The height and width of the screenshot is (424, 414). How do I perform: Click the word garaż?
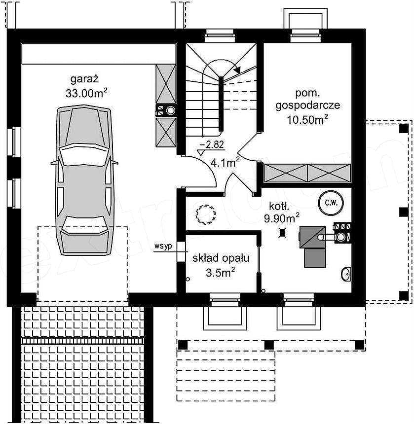84,79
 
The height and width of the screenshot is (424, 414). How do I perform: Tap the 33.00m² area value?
86,93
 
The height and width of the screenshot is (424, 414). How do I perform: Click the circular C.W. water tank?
331,203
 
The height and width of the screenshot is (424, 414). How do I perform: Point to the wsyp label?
163,247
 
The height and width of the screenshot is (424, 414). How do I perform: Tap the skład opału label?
221,258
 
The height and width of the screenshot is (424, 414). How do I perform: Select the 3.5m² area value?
220,272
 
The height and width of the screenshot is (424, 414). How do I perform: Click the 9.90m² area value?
282,218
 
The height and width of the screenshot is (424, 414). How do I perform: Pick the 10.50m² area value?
307,119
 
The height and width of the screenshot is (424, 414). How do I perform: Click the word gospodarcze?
308,106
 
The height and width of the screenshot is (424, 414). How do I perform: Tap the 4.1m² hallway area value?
225,163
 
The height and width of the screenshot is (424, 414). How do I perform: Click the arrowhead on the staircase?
237,70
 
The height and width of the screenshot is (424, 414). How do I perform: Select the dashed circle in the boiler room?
206,214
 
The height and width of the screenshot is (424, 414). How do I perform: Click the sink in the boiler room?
346,274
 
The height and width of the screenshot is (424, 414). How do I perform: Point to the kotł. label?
279,206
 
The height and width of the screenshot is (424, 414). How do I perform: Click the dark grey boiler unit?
313,247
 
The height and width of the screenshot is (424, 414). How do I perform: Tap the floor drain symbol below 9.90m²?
282,233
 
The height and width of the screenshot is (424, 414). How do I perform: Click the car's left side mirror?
54,163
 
